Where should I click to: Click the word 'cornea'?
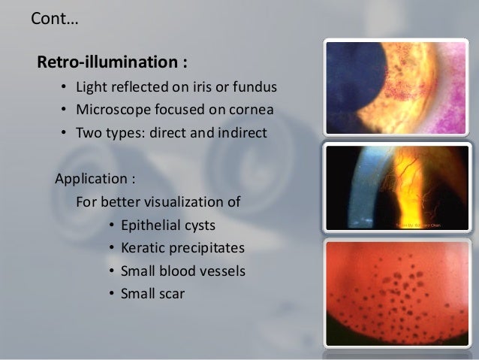pos(251,112)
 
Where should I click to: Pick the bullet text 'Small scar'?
pos(152,293)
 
